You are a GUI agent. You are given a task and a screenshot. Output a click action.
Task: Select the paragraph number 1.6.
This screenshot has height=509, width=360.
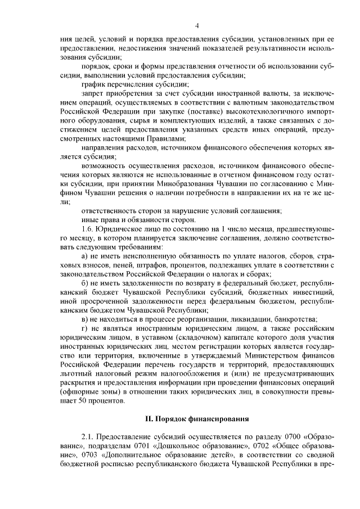point(88,229)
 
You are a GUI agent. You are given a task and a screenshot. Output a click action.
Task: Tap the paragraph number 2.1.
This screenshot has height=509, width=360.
point(88,436)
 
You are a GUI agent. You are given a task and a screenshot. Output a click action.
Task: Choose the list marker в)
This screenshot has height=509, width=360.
point(85,319)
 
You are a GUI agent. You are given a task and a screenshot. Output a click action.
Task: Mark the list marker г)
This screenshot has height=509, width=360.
point(85,328)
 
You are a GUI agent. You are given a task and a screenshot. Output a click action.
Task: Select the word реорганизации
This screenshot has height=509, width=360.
point(177,319)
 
